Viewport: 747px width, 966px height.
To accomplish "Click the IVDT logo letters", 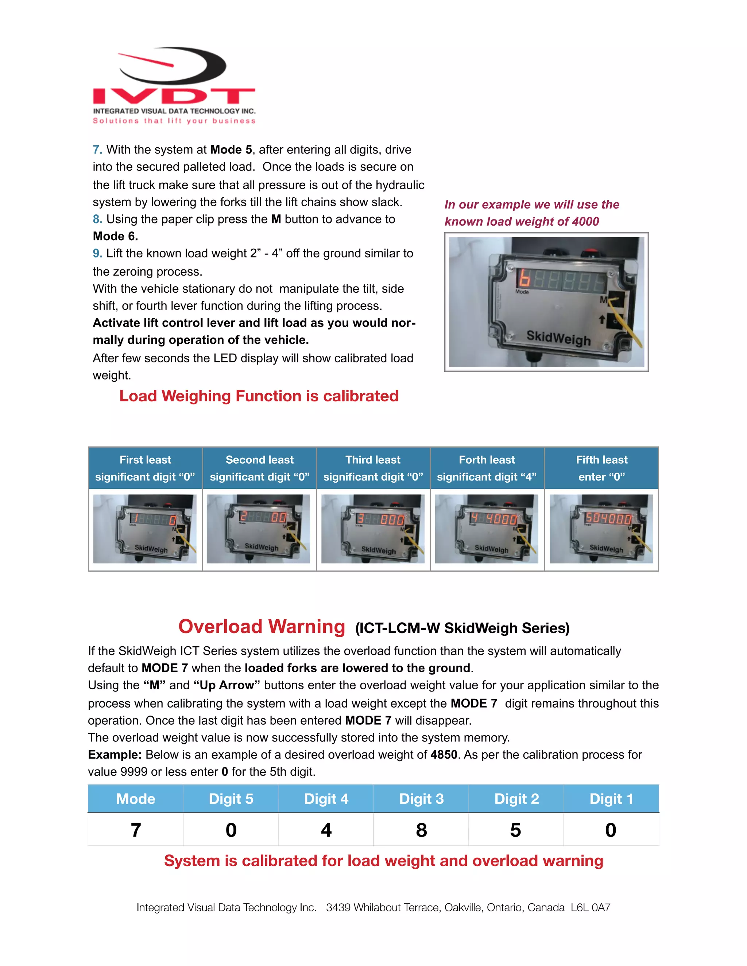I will point(174,96).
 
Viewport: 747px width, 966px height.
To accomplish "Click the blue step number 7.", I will point(97,150).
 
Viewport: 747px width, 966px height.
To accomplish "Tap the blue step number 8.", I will point(97,219).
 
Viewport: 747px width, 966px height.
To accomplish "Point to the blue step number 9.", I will point(97,253).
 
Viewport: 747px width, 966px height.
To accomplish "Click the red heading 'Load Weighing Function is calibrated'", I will point(259,396).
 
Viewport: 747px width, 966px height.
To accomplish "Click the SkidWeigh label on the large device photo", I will point(558,338).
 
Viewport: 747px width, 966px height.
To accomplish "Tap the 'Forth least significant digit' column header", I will point(487,468).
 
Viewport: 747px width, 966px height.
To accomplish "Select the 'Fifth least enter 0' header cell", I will point(601,468).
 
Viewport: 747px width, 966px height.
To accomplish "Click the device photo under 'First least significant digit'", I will point(145,529).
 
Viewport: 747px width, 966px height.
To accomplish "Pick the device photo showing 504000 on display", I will point(601,529).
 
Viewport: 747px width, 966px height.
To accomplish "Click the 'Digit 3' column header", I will point(421,799).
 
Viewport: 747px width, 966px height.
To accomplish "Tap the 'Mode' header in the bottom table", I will point(135,799).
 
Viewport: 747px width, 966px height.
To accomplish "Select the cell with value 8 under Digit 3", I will point(421,830).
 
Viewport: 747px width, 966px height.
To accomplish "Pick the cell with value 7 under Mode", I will point(136,830).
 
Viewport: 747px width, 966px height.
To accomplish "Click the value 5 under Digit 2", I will point(515,830).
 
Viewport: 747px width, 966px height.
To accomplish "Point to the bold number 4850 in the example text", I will point(444,755).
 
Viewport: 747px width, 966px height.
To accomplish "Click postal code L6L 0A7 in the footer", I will point(591,908).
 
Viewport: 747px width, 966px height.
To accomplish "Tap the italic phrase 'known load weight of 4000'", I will point(522,222).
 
